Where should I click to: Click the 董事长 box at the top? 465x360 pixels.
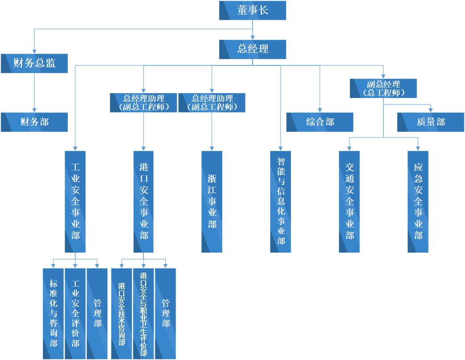[253, 10]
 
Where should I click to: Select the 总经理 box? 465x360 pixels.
[253, 49]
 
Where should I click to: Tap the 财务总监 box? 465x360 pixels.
[34, 63]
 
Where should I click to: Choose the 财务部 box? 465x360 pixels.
[34, 122]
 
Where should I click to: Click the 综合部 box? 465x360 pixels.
[320, 122]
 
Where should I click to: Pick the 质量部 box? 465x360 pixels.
[431, 122]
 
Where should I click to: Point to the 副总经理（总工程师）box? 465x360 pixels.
[383, 89]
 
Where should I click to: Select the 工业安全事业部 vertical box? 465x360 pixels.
[75, 202]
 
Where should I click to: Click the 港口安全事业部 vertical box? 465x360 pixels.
[143, 202]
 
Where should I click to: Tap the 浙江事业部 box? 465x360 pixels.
[212, 202]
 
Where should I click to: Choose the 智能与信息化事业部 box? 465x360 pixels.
[281, 202]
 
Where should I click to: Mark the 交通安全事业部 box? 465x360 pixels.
[349, 202]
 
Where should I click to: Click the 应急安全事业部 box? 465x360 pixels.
[418, 202]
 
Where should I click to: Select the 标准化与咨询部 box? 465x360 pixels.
[53, 313]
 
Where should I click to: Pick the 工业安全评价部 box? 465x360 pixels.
[75, 313]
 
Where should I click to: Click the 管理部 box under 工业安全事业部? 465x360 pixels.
[97, 313]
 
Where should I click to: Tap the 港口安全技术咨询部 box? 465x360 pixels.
[122, 313]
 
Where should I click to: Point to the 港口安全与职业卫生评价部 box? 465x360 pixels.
[143, 313]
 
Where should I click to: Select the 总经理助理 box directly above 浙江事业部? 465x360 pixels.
[212, 102]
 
